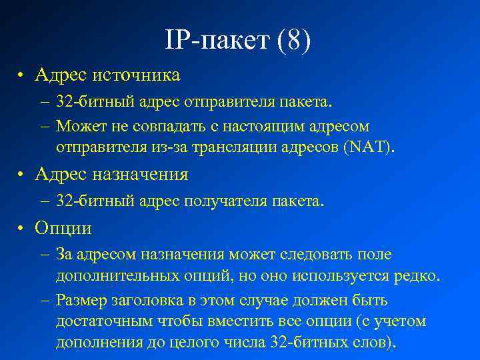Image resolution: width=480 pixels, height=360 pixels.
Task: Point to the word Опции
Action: click(x=63, y=228)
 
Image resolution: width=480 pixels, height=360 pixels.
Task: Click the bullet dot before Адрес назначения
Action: click(x=22, y=175)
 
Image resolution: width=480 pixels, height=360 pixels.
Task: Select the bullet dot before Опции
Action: click(x=22, y=229)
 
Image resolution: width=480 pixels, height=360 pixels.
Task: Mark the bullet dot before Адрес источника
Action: click(x=22, y=75)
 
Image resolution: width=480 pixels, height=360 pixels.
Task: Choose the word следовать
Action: click(x=312, y=255)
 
